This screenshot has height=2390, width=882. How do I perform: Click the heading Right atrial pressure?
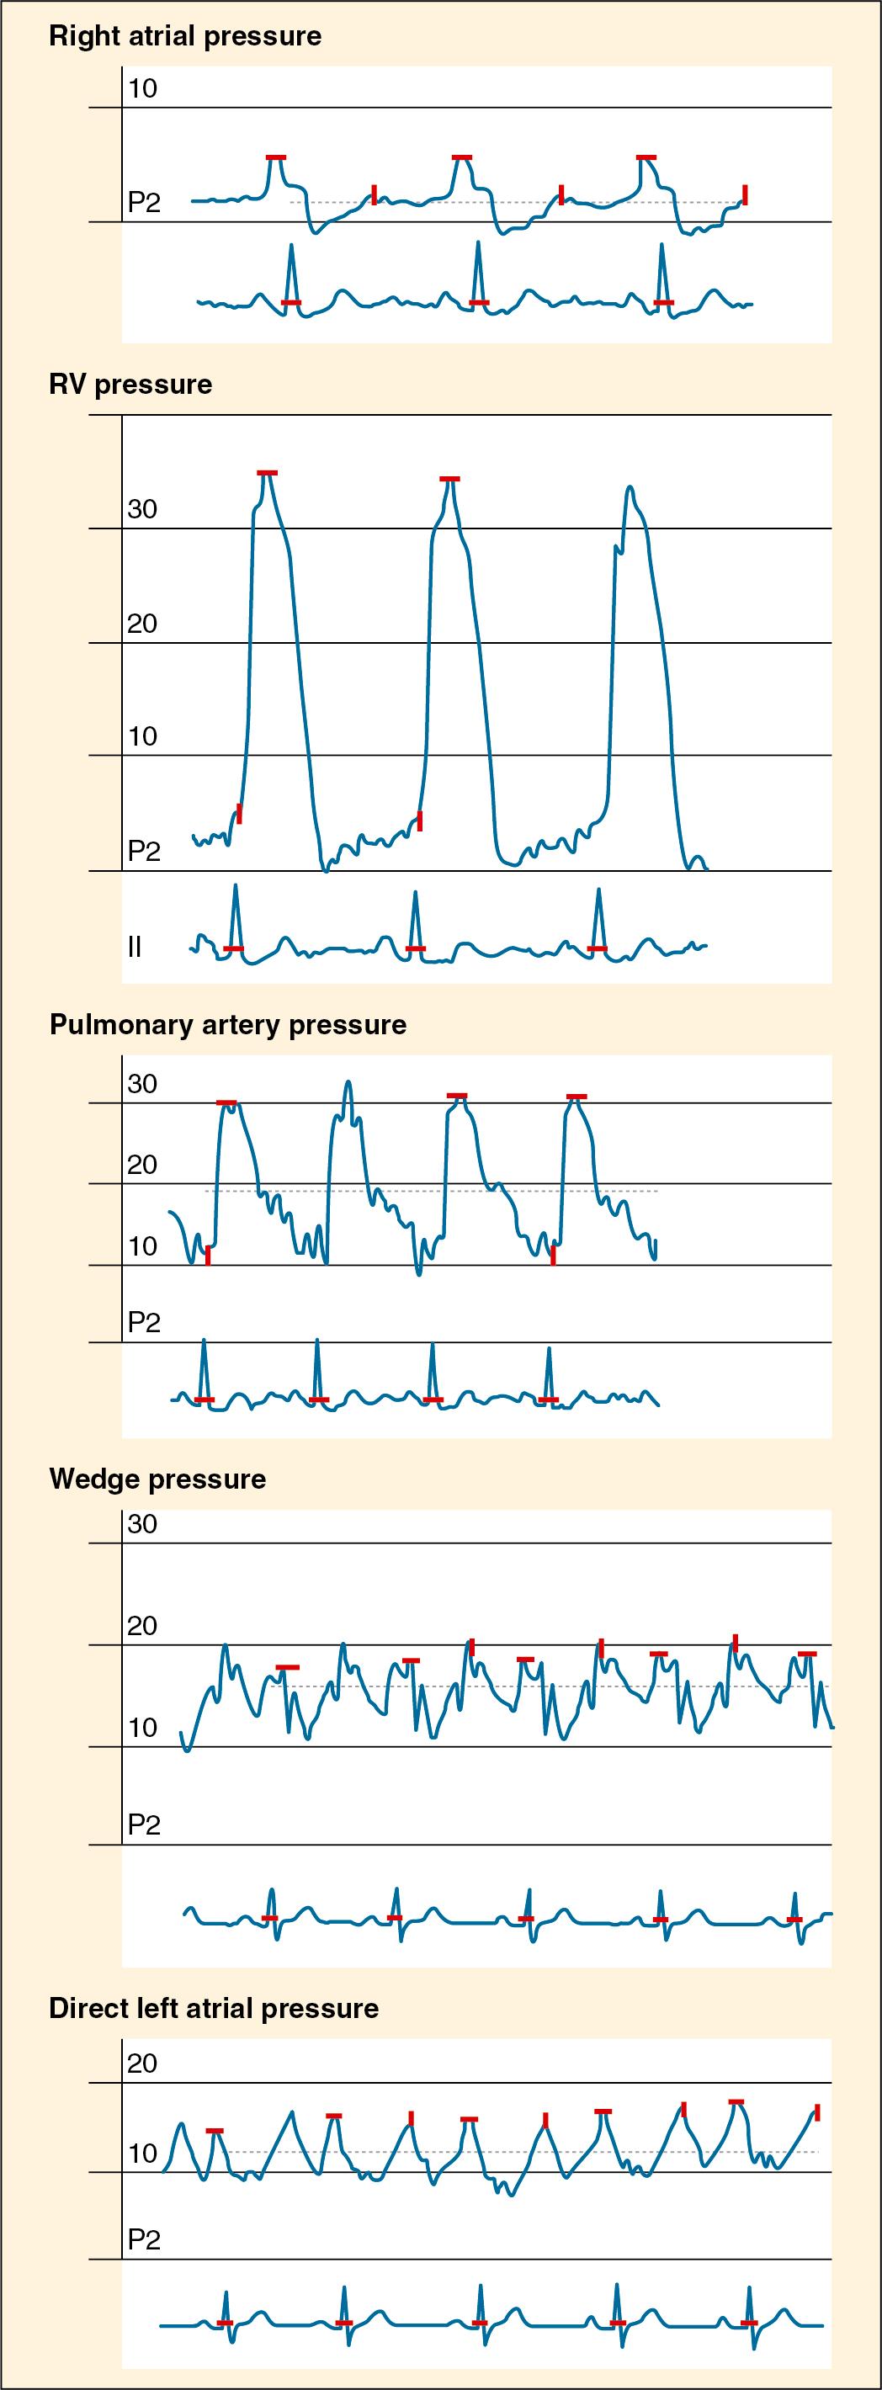coord(184,36)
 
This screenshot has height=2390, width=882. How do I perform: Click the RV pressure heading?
coord(130,384)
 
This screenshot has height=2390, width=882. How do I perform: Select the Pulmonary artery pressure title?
coord(227,1024)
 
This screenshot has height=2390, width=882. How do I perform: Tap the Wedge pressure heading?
coord(157,1479)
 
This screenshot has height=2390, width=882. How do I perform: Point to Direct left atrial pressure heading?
coord(213,2009)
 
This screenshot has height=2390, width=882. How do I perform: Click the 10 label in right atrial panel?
coord(143,89)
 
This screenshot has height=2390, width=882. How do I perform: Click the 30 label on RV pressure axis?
coord(142,509)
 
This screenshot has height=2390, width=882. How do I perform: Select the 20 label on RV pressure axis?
coord(142,624)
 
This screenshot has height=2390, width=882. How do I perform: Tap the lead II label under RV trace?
coord(135,947)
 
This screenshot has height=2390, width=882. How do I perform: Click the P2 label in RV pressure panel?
coord(144,851)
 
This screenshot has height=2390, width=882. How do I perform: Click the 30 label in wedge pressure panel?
coord(142,1524)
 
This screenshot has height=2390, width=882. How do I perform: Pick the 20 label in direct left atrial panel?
coord(142,2063)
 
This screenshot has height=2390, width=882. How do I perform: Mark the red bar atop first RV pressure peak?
coord(267,473)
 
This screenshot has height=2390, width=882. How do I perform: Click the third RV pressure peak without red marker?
coord(630,487)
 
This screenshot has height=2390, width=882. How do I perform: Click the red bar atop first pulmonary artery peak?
coord(226,1102)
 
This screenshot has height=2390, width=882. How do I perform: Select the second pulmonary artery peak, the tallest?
coord(348,1083)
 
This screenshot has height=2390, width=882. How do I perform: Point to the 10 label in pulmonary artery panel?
coord(142,1246)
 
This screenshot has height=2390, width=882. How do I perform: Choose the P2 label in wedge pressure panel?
coord(144,1825)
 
